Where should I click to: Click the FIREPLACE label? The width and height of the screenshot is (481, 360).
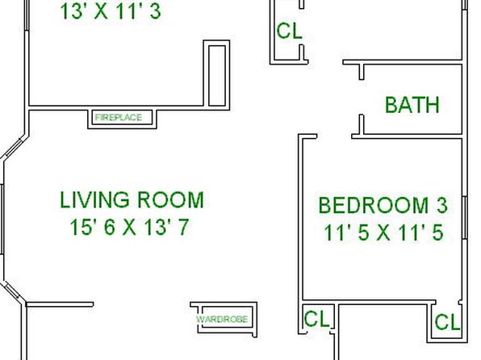[x=119, y=117]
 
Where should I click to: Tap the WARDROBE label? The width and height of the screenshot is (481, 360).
[x=222, y=319]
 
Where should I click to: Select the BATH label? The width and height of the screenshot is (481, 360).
[x=412, y=105]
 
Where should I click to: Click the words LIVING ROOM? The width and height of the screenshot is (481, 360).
[x=132, y=200]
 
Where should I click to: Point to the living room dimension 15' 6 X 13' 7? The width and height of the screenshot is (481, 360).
[x=129, y=228]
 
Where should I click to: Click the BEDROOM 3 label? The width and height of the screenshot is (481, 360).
[x=383, y=205]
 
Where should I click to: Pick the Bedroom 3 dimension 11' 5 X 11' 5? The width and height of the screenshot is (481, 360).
[x=383, y=232]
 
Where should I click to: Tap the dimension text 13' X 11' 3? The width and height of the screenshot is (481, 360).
[x=111, y=11]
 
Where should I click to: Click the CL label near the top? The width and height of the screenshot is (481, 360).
[x=289, y=31]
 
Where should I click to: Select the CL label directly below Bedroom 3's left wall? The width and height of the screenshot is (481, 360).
[x=316, y=319]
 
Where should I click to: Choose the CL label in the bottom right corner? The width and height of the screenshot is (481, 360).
[x=448, y=322]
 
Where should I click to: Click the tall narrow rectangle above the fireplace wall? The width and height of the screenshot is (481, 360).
[x=217, y=76]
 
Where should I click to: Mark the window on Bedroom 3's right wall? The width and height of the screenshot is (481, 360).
[x=464, y=218]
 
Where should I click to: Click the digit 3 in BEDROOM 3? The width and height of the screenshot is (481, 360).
[x=442, y=205]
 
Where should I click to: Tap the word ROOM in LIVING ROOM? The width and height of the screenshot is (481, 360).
[x=170, y=200]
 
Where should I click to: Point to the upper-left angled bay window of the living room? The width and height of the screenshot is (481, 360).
[x=15, y=148]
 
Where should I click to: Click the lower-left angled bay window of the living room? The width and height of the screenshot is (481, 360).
[x=12, y=292]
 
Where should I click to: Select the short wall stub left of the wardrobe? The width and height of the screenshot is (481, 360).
[x=60, y=304]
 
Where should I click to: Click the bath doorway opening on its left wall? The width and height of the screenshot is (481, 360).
[x=362, y=98]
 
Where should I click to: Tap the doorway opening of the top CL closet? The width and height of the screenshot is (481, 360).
[x=302, y=27]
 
